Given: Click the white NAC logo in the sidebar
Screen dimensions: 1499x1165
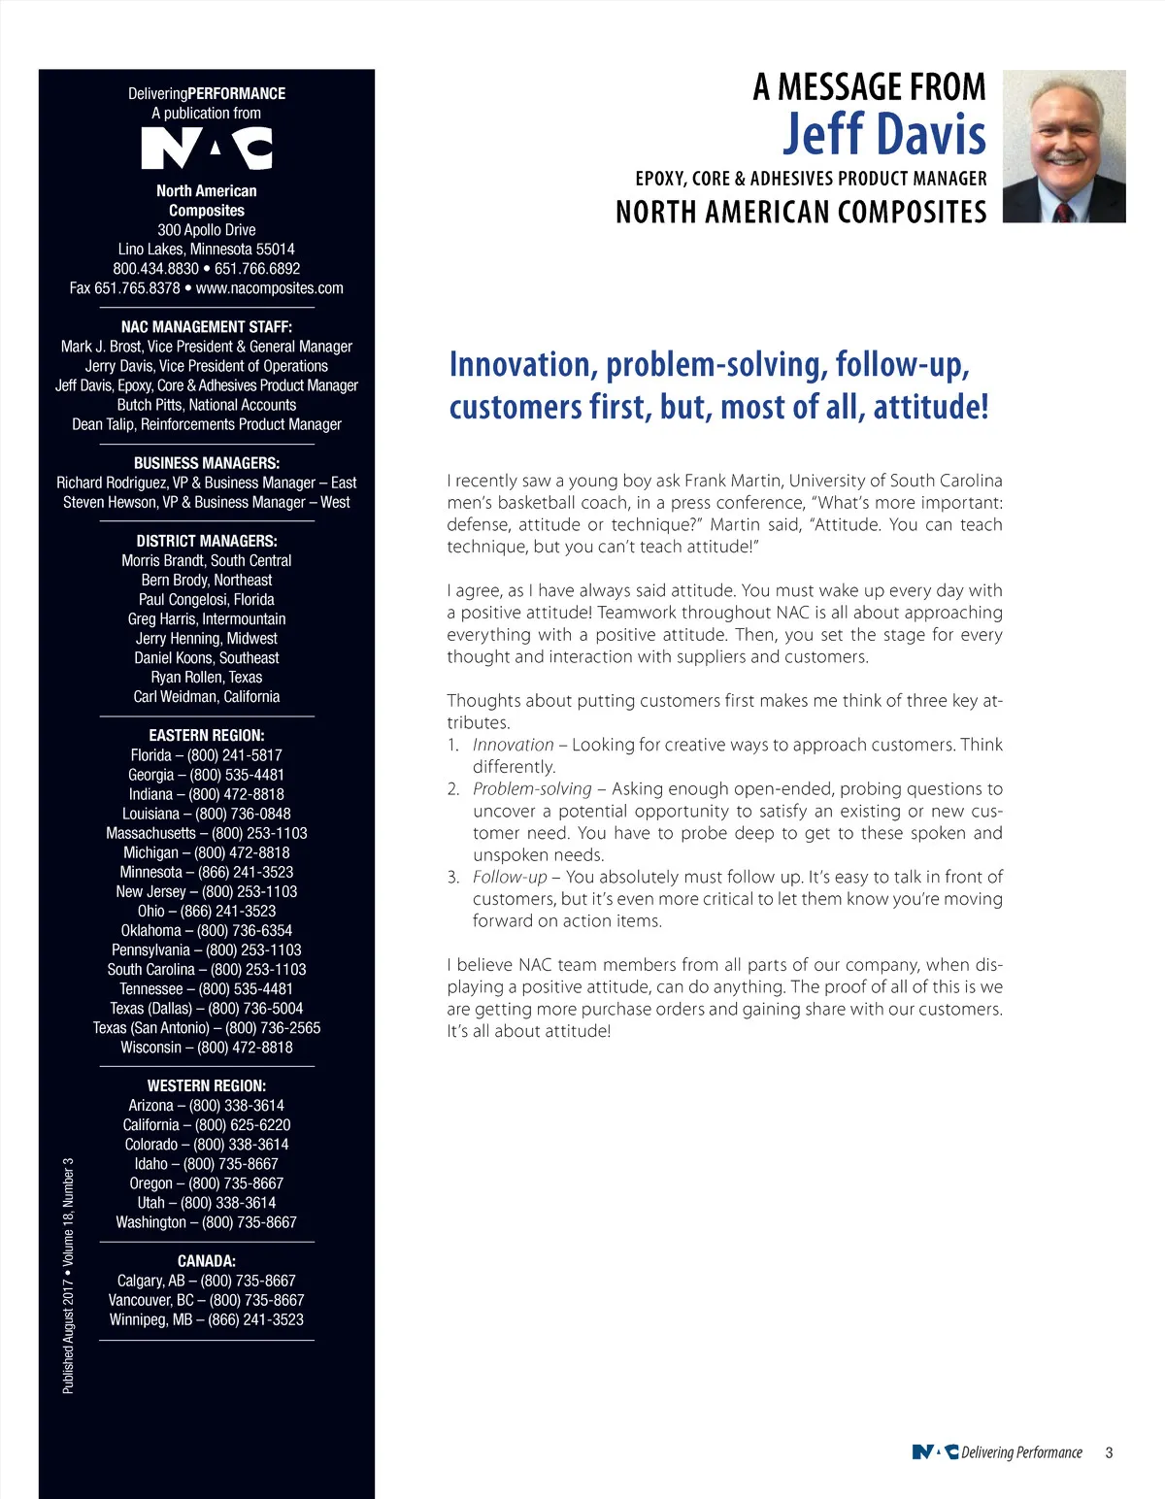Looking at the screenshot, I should [207, 149].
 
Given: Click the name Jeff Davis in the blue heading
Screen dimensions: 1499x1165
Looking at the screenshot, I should [883, 135].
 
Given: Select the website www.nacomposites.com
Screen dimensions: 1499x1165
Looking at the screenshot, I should [270, 288].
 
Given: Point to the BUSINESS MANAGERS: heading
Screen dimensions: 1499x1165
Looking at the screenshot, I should [207, 463].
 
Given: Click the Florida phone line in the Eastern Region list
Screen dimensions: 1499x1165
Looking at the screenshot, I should [207, 755].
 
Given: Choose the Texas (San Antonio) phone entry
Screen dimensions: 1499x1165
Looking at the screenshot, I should [207, 1028].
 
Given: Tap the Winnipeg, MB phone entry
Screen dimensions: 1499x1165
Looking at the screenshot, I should [207, 1320].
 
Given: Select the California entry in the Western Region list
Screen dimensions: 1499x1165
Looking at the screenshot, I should [207, 1125].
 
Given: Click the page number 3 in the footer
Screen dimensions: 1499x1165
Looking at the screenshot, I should [1109, 1453].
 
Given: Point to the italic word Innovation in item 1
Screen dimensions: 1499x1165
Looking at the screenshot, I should [513, 745].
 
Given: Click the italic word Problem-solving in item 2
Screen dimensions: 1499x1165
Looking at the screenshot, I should [532, 789].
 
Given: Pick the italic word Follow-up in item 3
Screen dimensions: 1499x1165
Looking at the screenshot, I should [510, 877].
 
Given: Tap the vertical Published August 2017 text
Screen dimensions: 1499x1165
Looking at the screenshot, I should [68, 1276].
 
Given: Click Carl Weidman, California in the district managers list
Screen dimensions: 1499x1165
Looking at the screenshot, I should [207, 697].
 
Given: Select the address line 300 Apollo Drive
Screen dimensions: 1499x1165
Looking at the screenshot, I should [207, 230].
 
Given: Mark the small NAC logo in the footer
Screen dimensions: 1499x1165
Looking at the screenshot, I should [935, 1452].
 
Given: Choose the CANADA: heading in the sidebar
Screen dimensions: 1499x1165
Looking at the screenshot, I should [207, 1261].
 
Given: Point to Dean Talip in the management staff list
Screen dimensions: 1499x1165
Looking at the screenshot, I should [105, 424].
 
